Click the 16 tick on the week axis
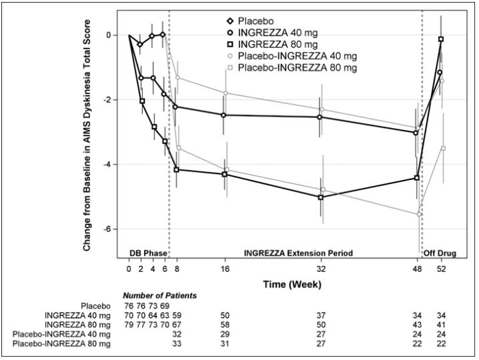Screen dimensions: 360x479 pyautogui.click(x=225, y=269)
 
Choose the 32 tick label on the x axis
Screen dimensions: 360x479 pyautogui.click(x=321, y=269)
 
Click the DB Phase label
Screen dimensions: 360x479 pyautogui.click(x=146, y=253)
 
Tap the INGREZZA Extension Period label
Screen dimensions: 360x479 pyautogui.click(x=298, y=253)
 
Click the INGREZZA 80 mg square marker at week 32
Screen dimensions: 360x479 pyautogui.click(x=321, y=197)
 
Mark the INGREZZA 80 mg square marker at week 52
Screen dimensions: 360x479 pyautogui.click(x=441, y=39)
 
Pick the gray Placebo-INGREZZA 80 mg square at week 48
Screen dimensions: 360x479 pyautogui.click(x=418, y=214)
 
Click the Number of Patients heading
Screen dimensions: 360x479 pyautogui.click(x=159, y=295)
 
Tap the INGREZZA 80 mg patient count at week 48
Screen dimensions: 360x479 pyautogui.click(x=418, y=324)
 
